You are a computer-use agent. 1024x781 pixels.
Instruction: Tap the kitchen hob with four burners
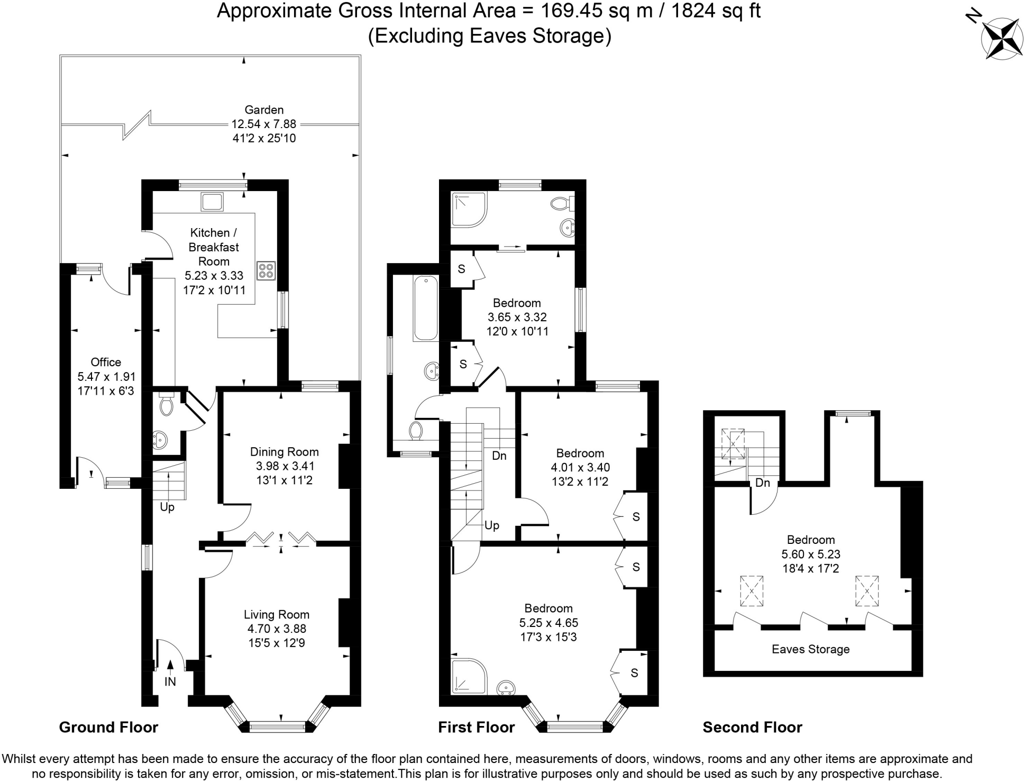pyautogui.click(x=266, y=271)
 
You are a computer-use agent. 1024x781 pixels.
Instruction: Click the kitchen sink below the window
pyautogui.click(x=212, y=202)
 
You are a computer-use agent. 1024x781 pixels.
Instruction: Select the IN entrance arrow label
pyautogui.click(x=170, y=681)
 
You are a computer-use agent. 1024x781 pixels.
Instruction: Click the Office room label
pyautogui.click(x=105, y=362)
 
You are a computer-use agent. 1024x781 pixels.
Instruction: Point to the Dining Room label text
pyautogui.click(x=284, y=452)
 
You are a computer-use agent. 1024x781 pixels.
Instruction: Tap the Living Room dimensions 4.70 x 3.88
pyautogui.click(x=276, y=628)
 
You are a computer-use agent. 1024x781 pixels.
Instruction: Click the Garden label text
pyautogui.click(x=264, y=110)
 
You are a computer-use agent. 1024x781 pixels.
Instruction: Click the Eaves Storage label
pyautogui.click(x=810, y=649)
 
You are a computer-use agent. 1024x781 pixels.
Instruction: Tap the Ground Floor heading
pyautogui.click(x=108, y=727)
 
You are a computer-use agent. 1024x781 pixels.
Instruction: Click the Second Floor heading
pyautogui.click(x=752, y=727)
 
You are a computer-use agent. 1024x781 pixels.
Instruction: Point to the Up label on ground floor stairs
pyautogui.click(x=167, y=507)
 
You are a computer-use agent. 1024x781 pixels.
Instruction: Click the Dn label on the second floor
pyautogui.click(x=762, y=483)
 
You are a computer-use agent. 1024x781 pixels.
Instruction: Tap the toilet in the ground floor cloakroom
pyautogui.click(x=166, y=405)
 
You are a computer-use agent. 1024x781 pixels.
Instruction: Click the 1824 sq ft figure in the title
pyautogui.click(x=715, y=11)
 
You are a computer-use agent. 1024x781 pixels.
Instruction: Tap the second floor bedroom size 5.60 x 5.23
pyautogui.click(x=810, y=554)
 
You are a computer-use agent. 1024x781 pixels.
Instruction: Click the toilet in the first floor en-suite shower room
pyautogui.click(x=563, y=204)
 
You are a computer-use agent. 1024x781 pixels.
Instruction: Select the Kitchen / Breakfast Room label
pyautogui.click(x=214, y=247)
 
